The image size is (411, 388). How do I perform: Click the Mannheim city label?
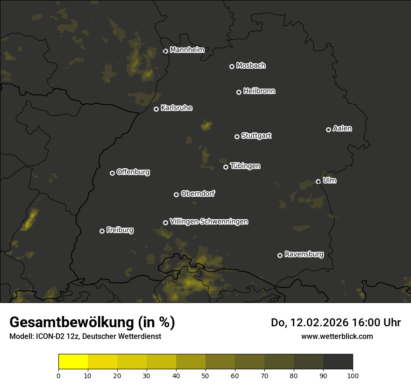click(187, 50)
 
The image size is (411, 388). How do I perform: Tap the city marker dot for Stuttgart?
click(237, 137)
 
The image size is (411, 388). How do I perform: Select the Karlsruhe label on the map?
click(176, 108)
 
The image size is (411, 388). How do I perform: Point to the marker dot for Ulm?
click(318, 181)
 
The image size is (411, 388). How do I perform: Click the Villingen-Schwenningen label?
click(209, 222)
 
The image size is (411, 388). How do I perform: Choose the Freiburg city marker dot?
click(102, 231)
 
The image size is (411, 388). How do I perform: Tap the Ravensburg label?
click(304, 254)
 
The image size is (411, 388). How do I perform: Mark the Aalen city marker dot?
click(328, 129)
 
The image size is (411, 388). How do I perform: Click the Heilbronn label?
click(259, 91)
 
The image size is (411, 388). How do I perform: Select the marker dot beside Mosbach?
click(231, 66)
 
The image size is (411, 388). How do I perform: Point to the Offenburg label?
click(133, 172)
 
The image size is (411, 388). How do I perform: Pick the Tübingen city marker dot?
click(226, 167)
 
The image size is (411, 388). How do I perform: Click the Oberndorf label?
click(198, 194)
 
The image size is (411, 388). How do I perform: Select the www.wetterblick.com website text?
click(337, 336)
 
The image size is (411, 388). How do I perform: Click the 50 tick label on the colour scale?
click(205, 375)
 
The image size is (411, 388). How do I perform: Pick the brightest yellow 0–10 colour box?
click(73, 362)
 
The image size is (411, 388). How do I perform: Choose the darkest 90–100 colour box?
click(338, 362)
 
